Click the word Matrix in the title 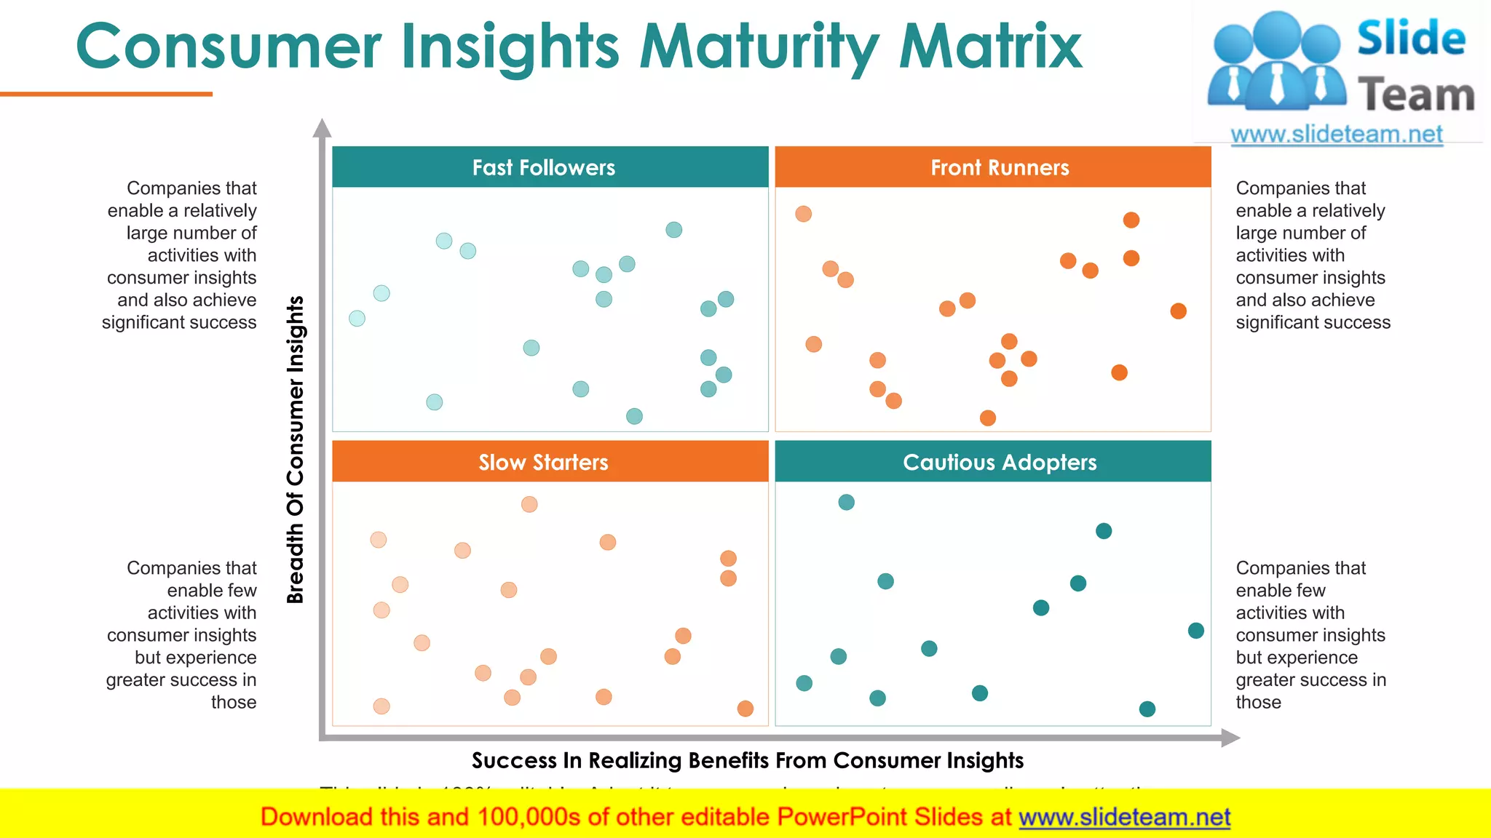click(990, 47)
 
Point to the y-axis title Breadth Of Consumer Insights click(295, 450)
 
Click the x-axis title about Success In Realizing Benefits click(747, 760)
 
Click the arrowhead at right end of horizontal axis click(1230, 738)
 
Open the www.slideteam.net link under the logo click(1336, 134)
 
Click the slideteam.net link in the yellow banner click(1124, 817)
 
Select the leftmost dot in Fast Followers click(357, 318)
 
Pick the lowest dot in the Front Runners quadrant click(987, 418)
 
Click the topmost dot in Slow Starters click(529, 504)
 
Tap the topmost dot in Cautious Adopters click(846, 502)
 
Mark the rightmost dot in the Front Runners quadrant click(1178, 311)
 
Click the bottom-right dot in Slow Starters click(745, 709)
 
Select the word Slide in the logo click(1410, 38)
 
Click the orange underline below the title click(106, 94)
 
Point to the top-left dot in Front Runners click(803, 214)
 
